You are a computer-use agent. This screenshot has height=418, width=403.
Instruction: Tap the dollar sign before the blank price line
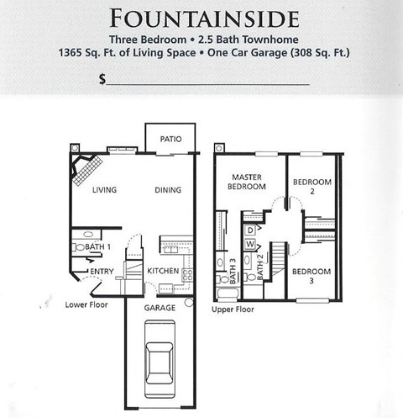point(102,79)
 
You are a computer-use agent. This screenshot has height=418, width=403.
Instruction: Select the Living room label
point(105,190)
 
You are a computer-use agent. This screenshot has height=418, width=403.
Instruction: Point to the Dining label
point(168,190)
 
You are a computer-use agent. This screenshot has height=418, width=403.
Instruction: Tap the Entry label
point(102,271)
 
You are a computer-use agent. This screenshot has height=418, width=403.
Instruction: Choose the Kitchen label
point(163,271)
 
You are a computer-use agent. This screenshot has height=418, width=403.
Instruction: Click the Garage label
point(160,308)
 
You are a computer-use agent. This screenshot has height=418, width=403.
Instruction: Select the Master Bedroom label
point(249,182)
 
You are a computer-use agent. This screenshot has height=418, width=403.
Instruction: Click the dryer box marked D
point(250,230)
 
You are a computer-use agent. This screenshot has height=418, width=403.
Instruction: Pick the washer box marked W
point(250,244)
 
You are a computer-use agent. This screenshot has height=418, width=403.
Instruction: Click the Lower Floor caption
point(86,304)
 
